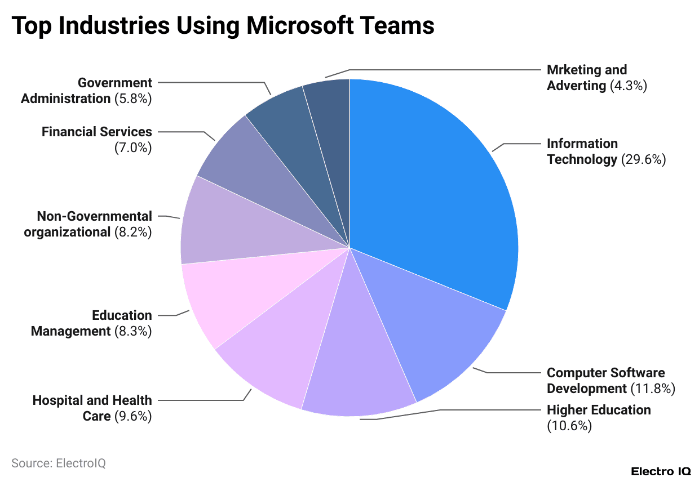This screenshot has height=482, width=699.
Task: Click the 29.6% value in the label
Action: click(644, 160)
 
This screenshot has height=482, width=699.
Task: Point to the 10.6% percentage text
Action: click(569, 426)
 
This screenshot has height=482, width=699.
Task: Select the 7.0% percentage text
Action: click(133, 148)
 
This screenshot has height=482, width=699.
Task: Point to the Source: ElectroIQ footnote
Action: click(59, 463)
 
